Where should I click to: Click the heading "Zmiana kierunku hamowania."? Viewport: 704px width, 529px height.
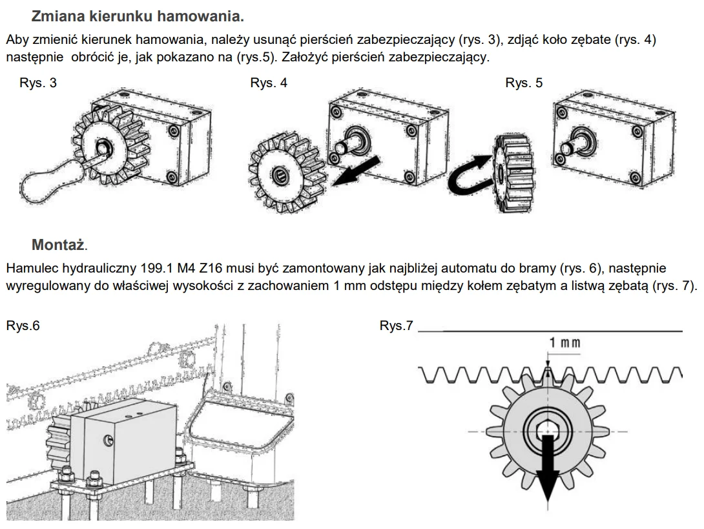(138, 16)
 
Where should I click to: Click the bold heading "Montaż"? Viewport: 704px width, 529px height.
(58, 245)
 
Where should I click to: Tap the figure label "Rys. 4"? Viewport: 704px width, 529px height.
(269, 83)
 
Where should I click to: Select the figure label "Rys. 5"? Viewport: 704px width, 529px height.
(524, 83)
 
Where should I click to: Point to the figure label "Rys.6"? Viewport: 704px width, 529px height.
(23, 326)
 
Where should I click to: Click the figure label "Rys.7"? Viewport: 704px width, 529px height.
(396, 326)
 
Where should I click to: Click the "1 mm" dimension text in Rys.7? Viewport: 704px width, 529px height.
(564, 342)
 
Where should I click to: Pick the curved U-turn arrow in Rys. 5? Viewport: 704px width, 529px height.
(470, 174)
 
